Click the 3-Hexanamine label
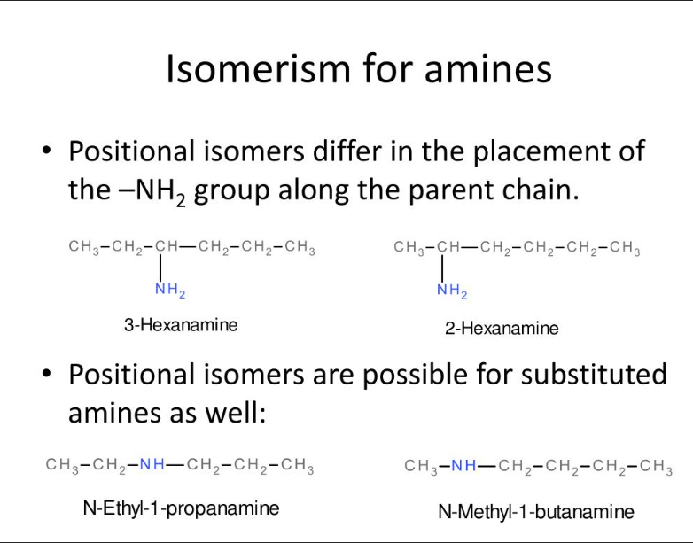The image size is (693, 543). coord(181,325)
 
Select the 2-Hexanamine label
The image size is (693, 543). coord(502,329)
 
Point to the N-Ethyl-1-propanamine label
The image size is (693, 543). coord(181,508)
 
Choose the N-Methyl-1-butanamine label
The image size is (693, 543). coord(536,512)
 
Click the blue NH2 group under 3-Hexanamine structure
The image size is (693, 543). coord(169,289)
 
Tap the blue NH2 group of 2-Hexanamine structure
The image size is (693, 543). coord(451,289)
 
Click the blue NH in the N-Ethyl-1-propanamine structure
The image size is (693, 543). coord(152,463)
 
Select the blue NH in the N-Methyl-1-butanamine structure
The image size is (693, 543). coord(463,466)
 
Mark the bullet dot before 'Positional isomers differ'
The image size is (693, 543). coord(47,152)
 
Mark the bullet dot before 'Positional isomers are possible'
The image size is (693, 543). coord(47,376)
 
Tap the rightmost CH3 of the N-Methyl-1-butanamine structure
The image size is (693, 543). coord(656,466)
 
